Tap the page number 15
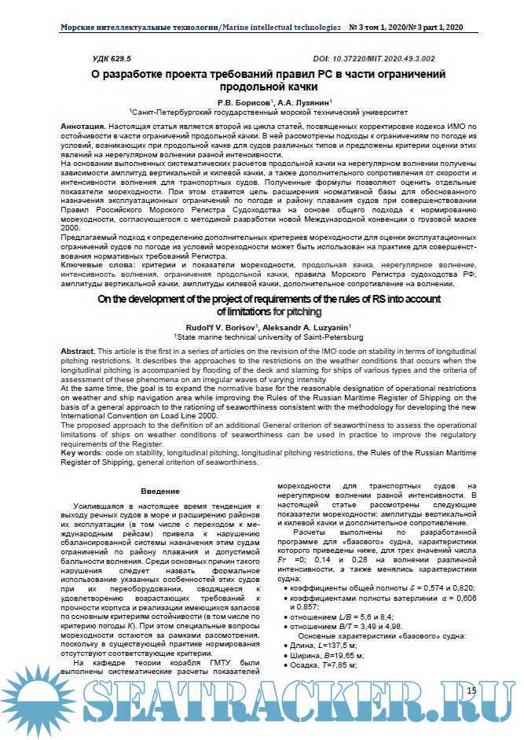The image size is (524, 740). [471, 690]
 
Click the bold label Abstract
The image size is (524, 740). [78, 349]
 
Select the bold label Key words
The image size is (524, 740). [83, 455]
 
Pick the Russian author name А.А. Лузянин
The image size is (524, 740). [305, 102]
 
